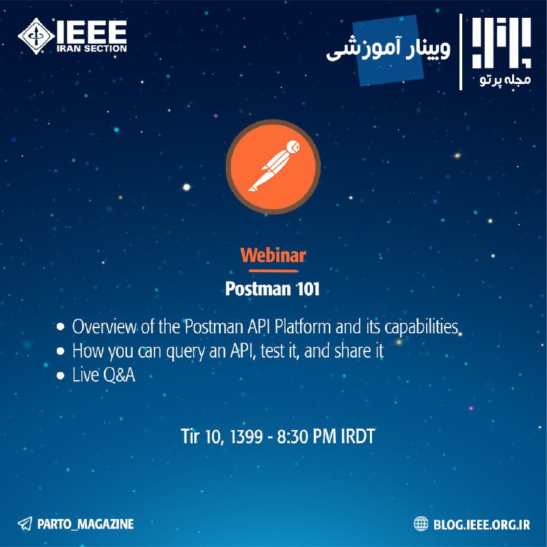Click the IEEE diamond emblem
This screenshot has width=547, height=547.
[x=36, y=36]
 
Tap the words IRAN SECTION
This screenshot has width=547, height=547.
[x=92, y=49]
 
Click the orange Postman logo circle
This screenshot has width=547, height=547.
[x=273, y=167]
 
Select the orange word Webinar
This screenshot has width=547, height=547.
[x=273, y=255]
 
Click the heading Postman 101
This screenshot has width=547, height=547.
[x=272, y=289]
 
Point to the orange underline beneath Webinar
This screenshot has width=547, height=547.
[x=273, y=270]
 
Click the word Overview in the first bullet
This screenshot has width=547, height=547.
[x=104, y=327]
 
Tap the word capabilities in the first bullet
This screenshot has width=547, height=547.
[x=421, y=328]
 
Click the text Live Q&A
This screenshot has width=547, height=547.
[x=104, y=375]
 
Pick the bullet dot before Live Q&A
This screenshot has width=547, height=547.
[x=61, y=375]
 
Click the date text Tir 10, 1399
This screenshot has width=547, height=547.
[x=222, y=436]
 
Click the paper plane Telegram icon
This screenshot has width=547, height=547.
[x=25, y=524]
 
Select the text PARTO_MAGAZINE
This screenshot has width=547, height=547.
[x=85, y=524]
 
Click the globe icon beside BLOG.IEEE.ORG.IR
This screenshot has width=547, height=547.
[x=421, y=524]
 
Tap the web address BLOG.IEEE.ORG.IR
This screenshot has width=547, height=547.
[x=482, y=524]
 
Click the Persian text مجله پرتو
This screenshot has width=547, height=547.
[x=505, y=79]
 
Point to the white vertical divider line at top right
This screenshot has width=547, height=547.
[x=461, y=52]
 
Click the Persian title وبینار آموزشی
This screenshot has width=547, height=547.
[x=388, y=49]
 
